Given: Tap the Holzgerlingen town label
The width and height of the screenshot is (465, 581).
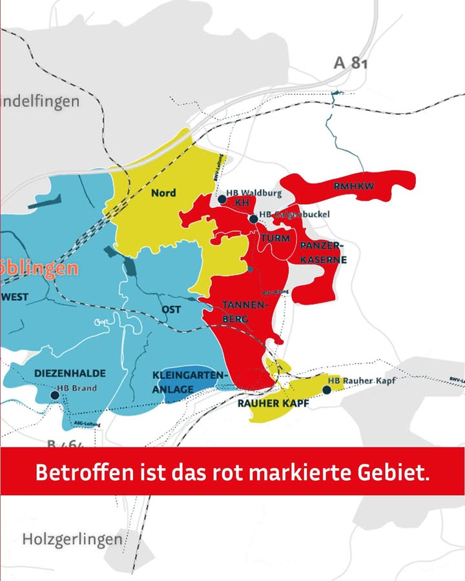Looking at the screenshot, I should pos(72,538).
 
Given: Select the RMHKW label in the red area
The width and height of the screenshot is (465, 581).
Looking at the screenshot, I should pos(354,187).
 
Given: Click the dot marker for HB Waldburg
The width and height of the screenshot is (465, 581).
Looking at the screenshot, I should pos(222,199).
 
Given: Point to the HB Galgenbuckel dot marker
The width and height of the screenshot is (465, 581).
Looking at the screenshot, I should pos(254,219).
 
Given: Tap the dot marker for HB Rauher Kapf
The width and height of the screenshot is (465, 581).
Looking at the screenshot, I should pos(327,389).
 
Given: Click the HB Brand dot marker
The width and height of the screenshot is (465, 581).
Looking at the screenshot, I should pos(53,394).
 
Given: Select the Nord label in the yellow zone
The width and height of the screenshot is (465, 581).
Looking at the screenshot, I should pos(163,192).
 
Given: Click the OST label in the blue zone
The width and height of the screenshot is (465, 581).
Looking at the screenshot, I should pos(171,310).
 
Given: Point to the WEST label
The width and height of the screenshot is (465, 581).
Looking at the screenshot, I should pos(14,297).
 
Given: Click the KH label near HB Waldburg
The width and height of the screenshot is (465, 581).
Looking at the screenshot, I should pos(242,203).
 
